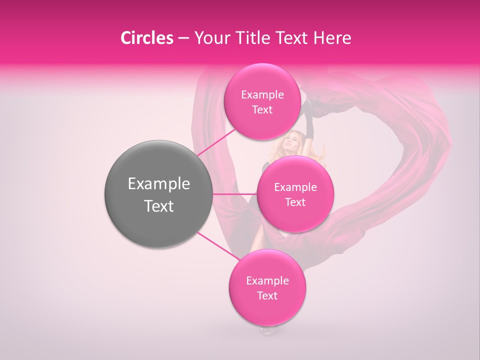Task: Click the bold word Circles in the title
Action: [x=147, y=38]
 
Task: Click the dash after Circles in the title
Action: [x=183, y=38]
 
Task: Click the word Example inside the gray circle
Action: [x=159, y=184]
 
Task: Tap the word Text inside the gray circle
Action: [x=159, y=206]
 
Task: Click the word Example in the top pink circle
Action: [x=262, y=95]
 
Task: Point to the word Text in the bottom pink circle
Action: [x=267, y=295]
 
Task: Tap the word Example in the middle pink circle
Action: [x=295, y=187]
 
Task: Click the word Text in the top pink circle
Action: [x=262, y=110]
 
